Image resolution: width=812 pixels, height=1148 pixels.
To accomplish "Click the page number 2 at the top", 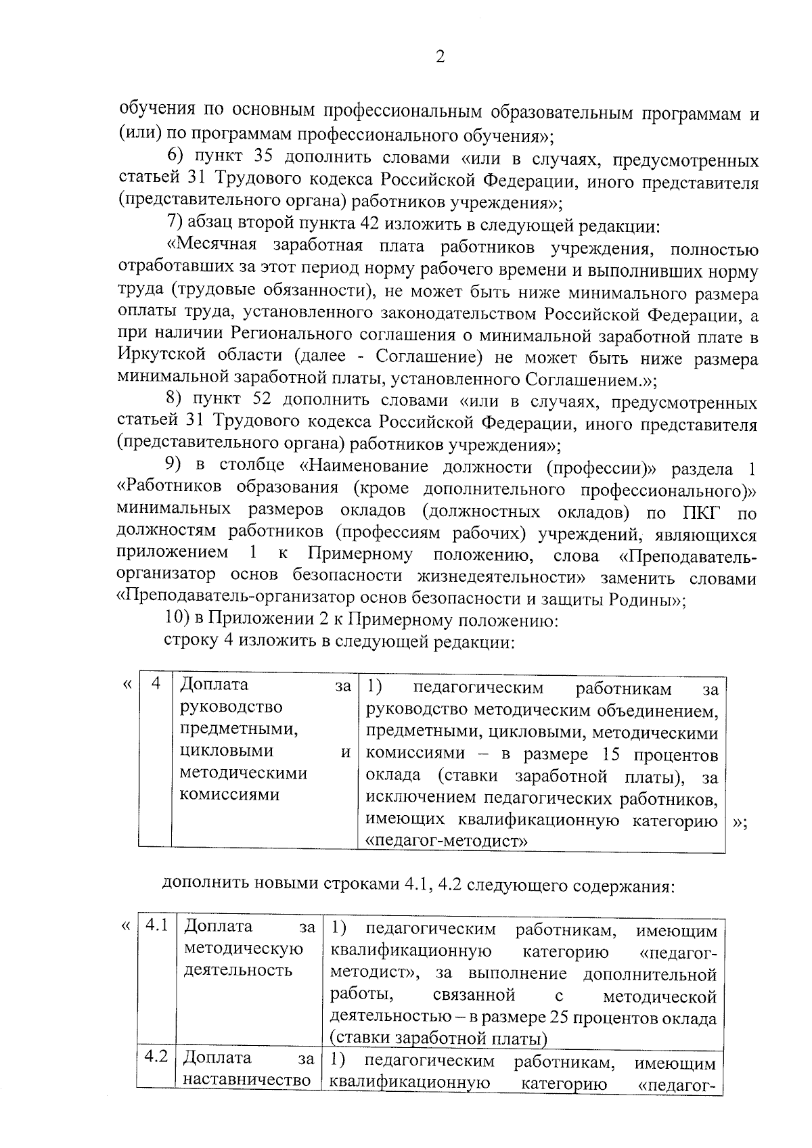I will point(440,58).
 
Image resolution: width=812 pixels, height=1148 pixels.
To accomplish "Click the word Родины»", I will point(648,599).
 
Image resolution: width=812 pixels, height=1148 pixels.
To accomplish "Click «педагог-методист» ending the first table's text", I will point(447,842).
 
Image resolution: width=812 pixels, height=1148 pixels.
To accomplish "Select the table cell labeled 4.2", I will point(156,1057).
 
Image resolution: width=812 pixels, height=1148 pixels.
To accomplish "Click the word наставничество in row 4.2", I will point(247,1079).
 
